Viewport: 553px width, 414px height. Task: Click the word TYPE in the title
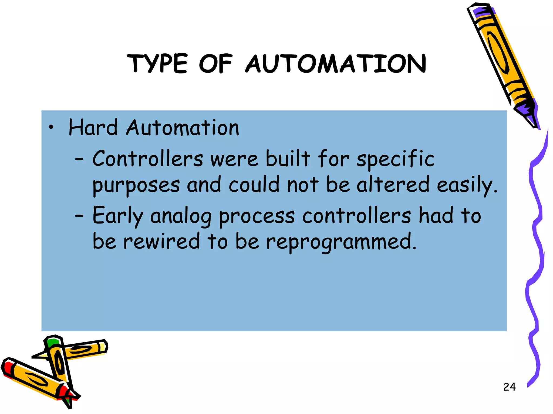click(157, 64)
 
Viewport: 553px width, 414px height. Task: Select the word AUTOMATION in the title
click(336, 64)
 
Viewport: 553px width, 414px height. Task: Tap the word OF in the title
click(215, 64)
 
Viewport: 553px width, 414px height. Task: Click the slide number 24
click(509, 387)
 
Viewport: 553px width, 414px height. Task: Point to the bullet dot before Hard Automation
click(51, 128)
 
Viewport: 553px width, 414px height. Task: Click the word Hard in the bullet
click(93, 127)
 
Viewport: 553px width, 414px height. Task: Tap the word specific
click(395, 159)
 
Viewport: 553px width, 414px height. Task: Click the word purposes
click(136, 185)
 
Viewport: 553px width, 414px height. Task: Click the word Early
click(117, 216)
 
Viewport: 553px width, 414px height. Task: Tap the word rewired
click(161, 241)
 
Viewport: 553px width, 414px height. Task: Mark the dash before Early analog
click(79, 216)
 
